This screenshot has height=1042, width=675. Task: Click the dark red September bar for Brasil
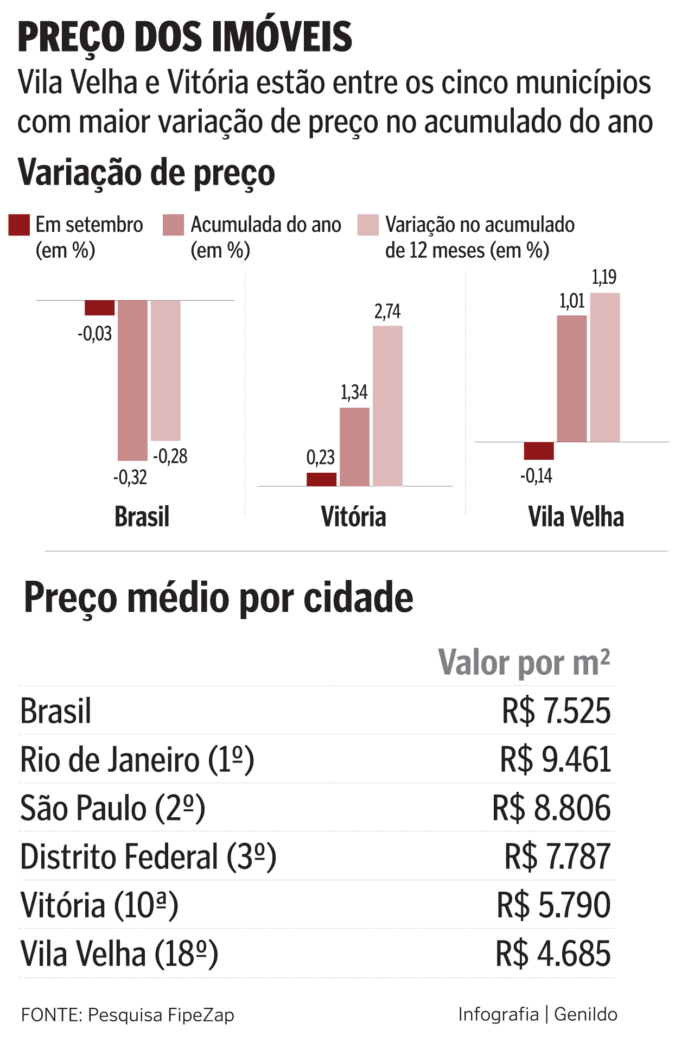[100, 308]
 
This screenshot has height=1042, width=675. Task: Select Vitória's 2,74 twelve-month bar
[387, 405]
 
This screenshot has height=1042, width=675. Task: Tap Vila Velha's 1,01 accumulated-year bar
[572, 378]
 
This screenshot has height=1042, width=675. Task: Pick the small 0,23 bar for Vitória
[321, 479]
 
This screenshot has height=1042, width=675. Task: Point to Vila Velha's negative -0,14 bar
[539, 451]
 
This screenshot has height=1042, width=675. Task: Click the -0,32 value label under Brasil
[130, 478]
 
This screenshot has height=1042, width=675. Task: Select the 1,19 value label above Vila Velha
[604, 277]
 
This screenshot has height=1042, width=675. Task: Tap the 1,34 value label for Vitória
[354, 392]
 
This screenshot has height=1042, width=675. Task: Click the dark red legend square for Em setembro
[19, 225]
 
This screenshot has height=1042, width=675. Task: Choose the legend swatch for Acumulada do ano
[174, 225]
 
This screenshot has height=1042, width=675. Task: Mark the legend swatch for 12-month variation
[368, 225]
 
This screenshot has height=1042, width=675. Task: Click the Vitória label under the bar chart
[354, 517]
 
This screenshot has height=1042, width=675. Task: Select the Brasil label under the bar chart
[142, 517]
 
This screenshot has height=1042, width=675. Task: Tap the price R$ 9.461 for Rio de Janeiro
[555, 759]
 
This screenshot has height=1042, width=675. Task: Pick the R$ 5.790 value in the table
[553, 905]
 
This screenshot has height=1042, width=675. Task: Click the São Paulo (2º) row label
[113, 808]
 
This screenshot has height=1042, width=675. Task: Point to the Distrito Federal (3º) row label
[148, 857]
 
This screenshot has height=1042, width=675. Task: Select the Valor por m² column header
[524, 663]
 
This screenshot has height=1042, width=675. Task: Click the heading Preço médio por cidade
[219, 598]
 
